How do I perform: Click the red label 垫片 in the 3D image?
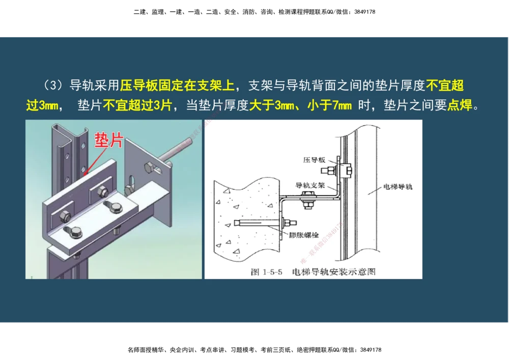(108, 140)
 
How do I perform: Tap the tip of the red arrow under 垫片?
(86, 174)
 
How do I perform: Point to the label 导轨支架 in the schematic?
(310, 185)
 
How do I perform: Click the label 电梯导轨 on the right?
(398, 187)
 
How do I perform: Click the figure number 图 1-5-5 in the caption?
(268, 272)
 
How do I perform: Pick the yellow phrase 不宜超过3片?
(137, 106)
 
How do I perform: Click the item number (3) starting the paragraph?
(53, 85)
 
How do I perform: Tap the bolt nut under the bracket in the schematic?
(307, 205)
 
